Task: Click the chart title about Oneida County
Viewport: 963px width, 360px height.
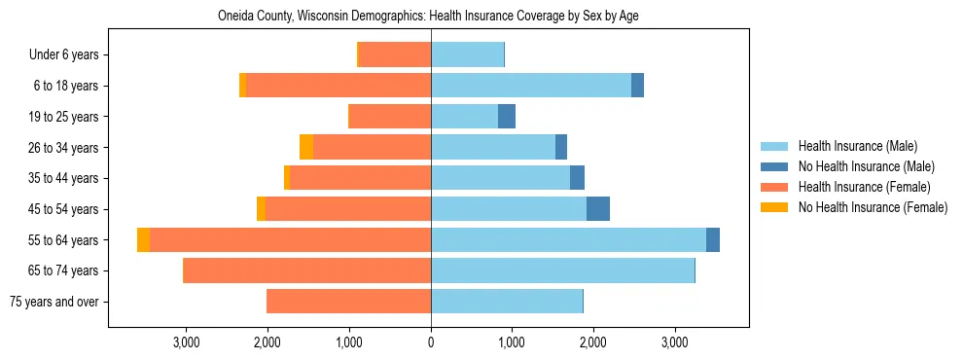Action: pyautogui.click(x=428, y=17)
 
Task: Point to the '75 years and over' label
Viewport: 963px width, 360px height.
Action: pyautogui.click(x=59, y=302)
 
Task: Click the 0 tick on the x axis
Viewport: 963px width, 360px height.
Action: pyautogui.click(x=431, y=342)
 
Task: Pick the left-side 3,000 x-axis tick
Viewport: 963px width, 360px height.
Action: pyautogui.click(x=186, y=342)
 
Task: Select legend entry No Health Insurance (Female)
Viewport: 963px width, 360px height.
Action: pyautogui.click(x=873, y=207)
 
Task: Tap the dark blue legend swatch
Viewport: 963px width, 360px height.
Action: pyautogui.click(x=774, y=166)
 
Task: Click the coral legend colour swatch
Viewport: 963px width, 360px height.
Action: pyautogui.click(x=774, y=187)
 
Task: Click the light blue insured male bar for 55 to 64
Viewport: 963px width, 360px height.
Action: pyautogui.click(x=568, y=239)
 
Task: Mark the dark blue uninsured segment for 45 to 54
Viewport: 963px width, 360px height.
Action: pyautogui.click(x=598, y=209)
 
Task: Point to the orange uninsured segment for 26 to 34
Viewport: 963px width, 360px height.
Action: pyautogui.click(x=306, y=147)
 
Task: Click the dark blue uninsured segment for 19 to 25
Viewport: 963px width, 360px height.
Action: pyautogui.click(x=507, y=117)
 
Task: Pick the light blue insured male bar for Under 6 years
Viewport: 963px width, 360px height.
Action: pyautogui.click(x=467, y=55)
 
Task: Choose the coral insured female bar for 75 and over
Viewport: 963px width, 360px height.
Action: pyautogui.click(x=348, y=302)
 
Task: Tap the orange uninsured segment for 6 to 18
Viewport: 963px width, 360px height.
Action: pyautogui.click(x=243, y=86)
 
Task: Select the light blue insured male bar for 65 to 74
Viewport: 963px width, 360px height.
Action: pyautogui.click(x=562, y=270)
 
